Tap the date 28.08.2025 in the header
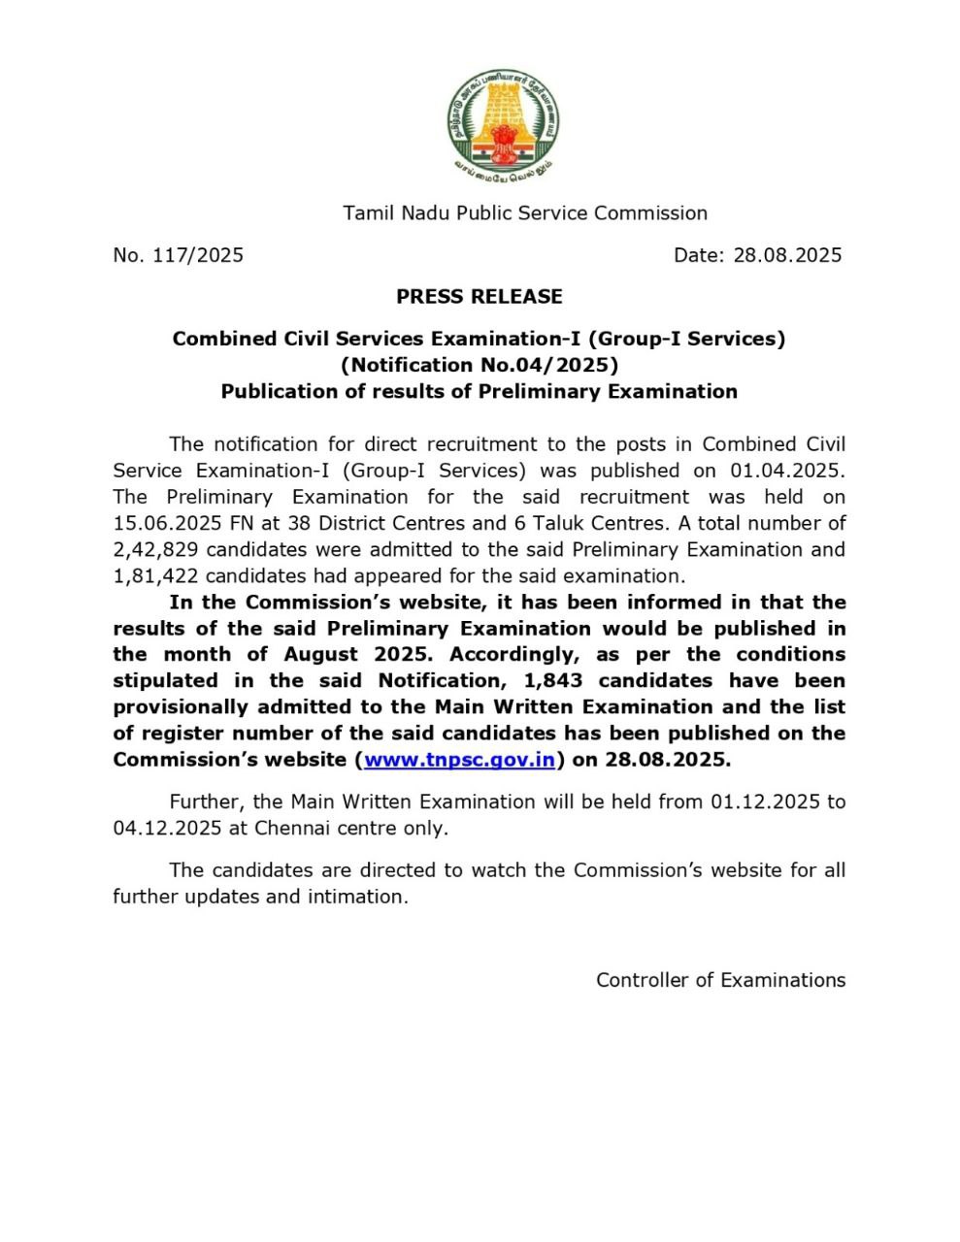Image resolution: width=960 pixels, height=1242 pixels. (787, 255)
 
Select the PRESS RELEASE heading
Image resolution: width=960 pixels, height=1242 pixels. (480, 296)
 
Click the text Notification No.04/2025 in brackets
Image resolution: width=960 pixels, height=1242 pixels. (480, 365)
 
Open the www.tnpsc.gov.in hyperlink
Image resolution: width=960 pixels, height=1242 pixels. (459, 760)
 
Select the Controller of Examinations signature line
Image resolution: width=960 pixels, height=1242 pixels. (720, 980)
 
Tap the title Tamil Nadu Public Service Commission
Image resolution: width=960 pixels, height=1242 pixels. (525, 212)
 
